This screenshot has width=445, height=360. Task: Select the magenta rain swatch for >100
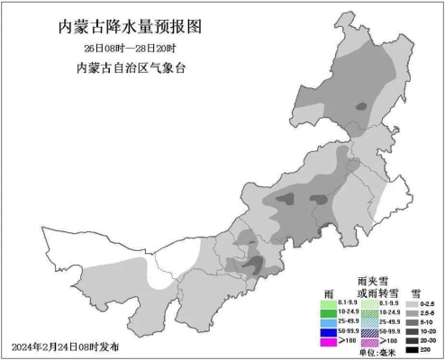click(x=328, y=342)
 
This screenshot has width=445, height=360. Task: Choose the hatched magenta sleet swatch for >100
click(x=368, y=342)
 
